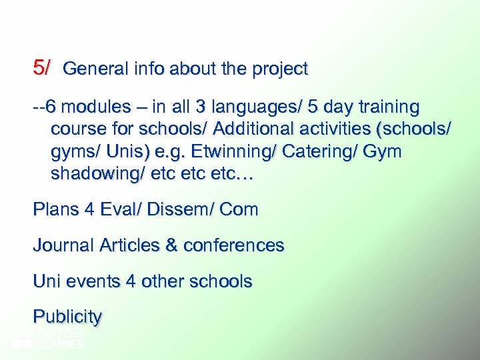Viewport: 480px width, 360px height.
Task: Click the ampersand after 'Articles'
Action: click(171, 245)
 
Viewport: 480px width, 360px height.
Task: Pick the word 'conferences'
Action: click(233, 245)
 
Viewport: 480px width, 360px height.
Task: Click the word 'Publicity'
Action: click(67, 317)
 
